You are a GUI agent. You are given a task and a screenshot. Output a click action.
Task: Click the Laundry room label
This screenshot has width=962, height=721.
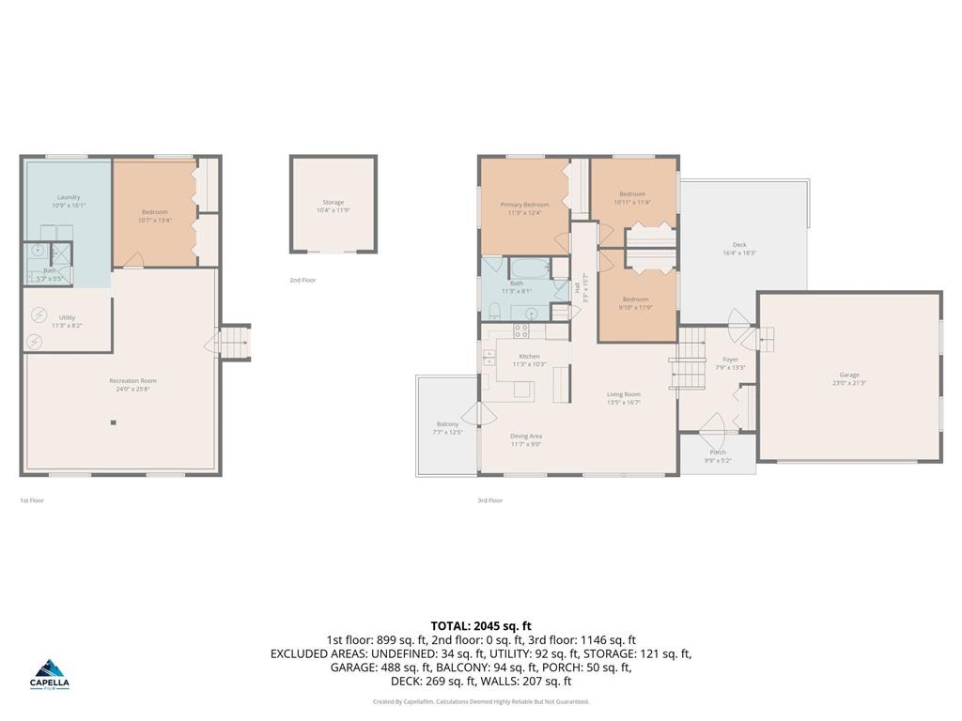coord(68,197)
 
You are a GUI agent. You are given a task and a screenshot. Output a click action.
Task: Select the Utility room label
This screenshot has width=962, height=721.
coord(67,317)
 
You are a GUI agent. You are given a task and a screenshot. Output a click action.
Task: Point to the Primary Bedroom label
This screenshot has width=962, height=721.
coord(523,205)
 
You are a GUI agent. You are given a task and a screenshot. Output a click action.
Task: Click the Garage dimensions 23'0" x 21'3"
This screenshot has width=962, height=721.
coord(848,383)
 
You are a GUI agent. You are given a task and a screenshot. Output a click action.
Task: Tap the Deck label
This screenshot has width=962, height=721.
coord(739,245)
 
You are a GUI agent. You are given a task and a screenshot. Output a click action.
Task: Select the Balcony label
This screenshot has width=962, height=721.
coord(448,424)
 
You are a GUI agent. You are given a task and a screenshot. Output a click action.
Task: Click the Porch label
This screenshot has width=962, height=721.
coord(718,453)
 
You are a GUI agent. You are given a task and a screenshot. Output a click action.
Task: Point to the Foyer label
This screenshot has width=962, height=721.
coord(730,360)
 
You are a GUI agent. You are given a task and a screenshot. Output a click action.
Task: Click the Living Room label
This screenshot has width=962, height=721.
coord(623,394)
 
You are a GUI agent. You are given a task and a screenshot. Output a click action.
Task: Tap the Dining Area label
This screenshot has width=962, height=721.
coord(526,436)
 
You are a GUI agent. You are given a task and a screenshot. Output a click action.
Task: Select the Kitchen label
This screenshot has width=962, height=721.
coord(530,357)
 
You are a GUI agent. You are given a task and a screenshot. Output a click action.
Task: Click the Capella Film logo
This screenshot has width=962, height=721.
coord(51,673)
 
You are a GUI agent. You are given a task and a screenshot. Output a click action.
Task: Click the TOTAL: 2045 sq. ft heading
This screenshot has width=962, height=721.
coord(481,625)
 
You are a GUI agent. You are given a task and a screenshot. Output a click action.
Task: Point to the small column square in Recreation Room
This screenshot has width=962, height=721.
coord(114,422)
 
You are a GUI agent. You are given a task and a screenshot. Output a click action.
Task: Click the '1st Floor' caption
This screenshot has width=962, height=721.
coord(32,500)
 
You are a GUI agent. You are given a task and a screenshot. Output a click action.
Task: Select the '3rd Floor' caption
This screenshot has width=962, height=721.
coord(489,500)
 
